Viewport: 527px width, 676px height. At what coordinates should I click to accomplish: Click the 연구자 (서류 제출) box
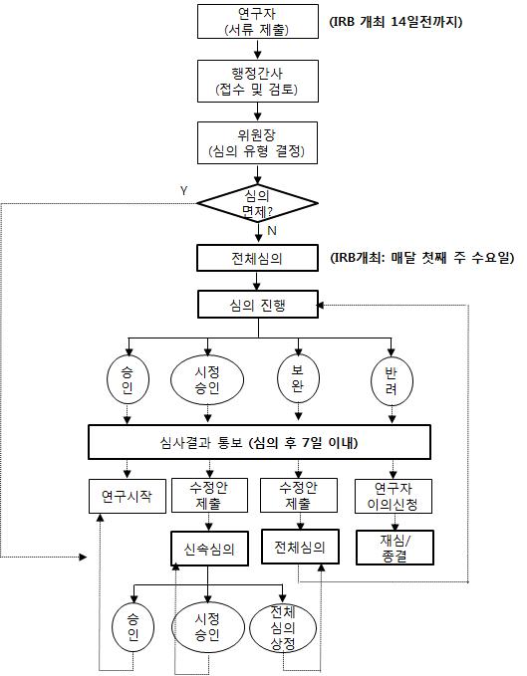[x=257, y=22]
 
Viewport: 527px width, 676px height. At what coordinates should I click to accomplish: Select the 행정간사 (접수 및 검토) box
[x=257, y=81]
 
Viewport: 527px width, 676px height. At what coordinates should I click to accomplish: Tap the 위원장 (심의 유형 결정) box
[x=257, y=142]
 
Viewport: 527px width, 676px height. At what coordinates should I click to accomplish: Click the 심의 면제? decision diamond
[x=257, y=203]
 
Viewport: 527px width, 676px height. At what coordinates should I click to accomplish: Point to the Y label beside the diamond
[x=184, y=190]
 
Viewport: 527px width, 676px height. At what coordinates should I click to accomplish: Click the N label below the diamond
[x=272, y=231]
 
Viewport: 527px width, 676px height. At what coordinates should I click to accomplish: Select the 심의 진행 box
[x=258, y=305]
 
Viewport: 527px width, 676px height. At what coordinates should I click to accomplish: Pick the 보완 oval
[x=298, y=378]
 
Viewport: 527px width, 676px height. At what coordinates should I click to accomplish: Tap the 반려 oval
[x=393, y=380]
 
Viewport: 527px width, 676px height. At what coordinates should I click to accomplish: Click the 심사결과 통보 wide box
[x=259, y=442]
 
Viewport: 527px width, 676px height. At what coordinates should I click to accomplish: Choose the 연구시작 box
[x=128, y=496]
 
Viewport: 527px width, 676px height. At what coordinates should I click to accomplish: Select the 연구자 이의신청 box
[x=394, y=496]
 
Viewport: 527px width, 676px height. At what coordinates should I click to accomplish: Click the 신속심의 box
[x=209, y=549]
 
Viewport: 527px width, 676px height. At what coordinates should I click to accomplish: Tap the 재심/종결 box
[x=395, y=548]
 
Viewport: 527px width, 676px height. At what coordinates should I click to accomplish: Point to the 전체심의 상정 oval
[x=283, y=627]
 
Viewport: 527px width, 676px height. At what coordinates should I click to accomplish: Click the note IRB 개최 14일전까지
[x=395, y=22]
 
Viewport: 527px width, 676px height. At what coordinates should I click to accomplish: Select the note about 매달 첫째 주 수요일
[x=422, y=258]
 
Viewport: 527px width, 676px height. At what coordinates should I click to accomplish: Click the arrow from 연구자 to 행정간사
[x=257, y=49]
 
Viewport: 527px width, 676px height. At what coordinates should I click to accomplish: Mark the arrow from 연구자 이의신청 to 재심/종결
[x=395, y=522]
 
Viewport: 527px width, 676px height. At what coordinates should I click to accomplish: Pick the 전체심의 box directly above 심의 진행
[x=257, y=258]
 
